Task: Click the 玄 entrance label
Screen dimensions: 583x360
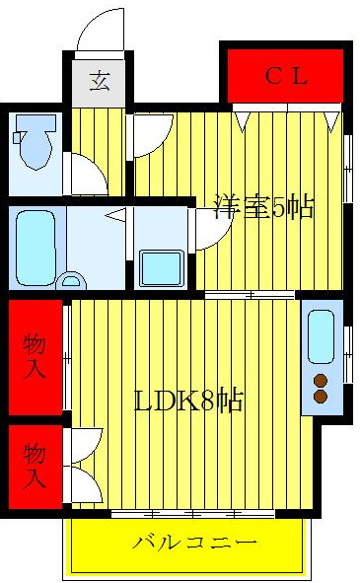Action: (100, 81)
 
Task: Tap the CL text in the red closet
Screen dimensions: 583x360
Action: (287, 75)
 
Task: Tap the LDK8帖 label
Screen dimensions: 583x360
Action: (189, 401)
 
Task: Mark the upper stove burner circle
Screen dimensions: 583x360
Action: (321, 379)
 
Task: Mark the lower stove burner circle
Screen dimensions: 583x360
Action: (321, 397)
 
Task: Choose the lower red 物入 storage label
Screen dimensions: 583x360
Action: (35, 467)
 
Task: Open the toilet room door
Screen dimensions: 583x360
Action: (87, 173)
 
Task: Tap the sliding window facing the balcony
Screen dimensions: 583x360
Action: (192, 513)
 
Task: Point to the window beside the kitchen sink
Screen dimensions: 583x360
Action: (347, 351)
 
